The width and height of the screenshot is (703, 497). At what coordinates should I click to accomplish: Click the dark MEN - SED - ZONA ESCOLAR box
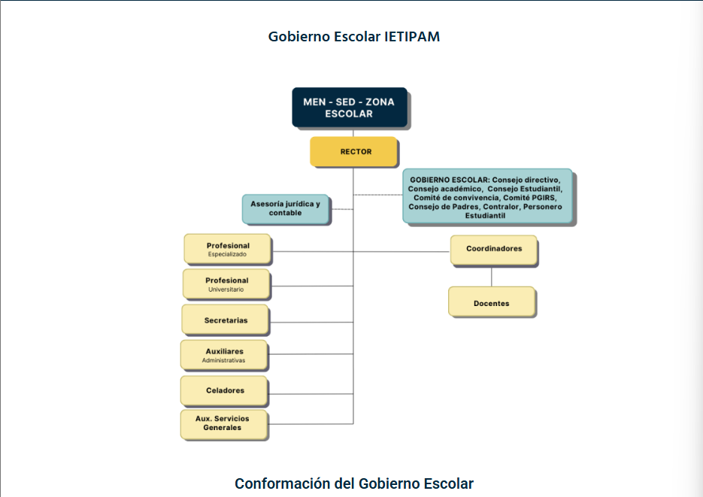pos(350,108)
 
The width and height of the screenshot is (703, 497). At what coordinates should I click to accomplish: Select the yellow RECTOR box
pos(353,152)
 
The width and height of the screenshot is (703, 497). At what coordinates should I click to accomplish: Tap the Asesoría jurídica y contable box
pos(286,208)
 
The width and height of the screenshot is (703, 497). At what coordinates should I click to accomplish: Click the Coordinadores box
pos(494,250)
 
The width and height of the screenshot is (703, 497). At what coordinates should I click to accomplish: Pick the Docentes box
pos(492,303)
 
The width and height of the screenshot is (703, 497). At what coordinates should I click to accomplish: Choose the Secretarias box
pos(226,320)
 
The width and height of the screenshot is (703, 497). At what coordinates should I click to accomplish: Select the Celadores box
pos(225,391)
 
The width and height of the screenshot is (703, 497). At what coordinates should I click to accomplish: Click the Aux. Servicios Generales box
pos(225,423)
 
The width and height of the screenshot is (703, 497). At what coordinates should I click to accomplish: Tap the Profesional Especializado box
pos(228,250)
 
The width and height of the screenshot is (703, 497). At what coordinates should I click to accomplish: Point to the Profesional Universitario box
pos(226,284)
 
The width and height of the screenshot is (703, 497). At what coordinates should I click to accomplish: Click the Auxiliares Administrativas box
pos(224,355)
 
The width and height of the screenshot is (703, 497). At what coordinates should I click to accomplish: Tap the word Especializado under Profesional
pos(228,255)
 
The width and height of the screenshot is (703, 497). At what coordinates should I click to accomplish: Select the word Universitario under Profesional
pos(226,289)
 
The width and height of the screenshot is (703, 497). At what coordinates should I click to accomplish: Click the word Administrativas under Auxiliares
pos(224,360)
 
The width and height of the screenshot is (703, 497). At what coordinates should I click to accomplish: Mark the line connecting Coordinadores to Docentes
pos(492,276)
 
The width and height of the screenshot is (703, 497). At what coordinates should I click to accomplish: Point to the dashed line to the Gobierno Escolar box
pos(378,195)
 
